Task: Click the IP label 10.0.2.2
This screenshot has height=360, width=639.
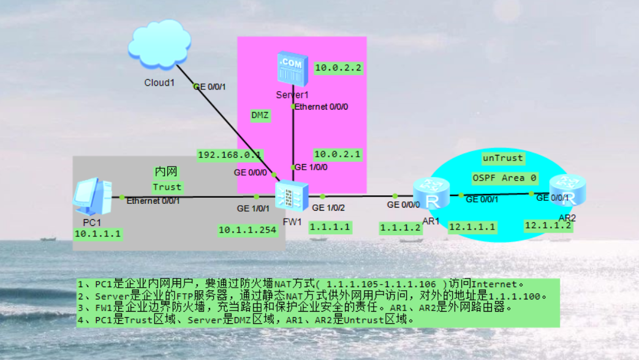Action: [x=338, y=68]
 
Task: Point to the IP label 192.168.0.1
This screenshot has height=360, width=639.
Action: [x=230, y=155]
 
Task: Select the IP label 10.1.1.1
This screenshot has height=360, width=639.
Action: [x=98, y=234]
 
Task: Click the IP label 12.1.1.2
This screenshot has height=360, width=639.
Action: [x=548, y=225]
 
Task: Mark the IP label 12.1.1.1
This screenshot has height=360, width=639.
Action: [x=472, y=227]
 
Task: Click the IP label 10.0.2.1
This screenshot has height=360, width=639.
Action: [x=338, y=154]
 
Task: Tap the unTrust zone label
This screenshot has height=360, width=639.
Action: [x=503, y=158]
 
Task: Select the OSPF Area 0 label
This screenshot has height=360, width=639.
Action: [x=504, y=178]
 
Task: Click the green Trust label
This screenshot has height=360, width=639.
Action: [x=167, y=187]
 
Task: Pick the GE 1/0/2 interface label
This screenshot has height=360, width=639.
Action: [x=328, y=208]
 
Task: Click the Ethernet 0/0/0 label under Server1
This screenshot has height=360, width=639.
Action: [x=322, y=107]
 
